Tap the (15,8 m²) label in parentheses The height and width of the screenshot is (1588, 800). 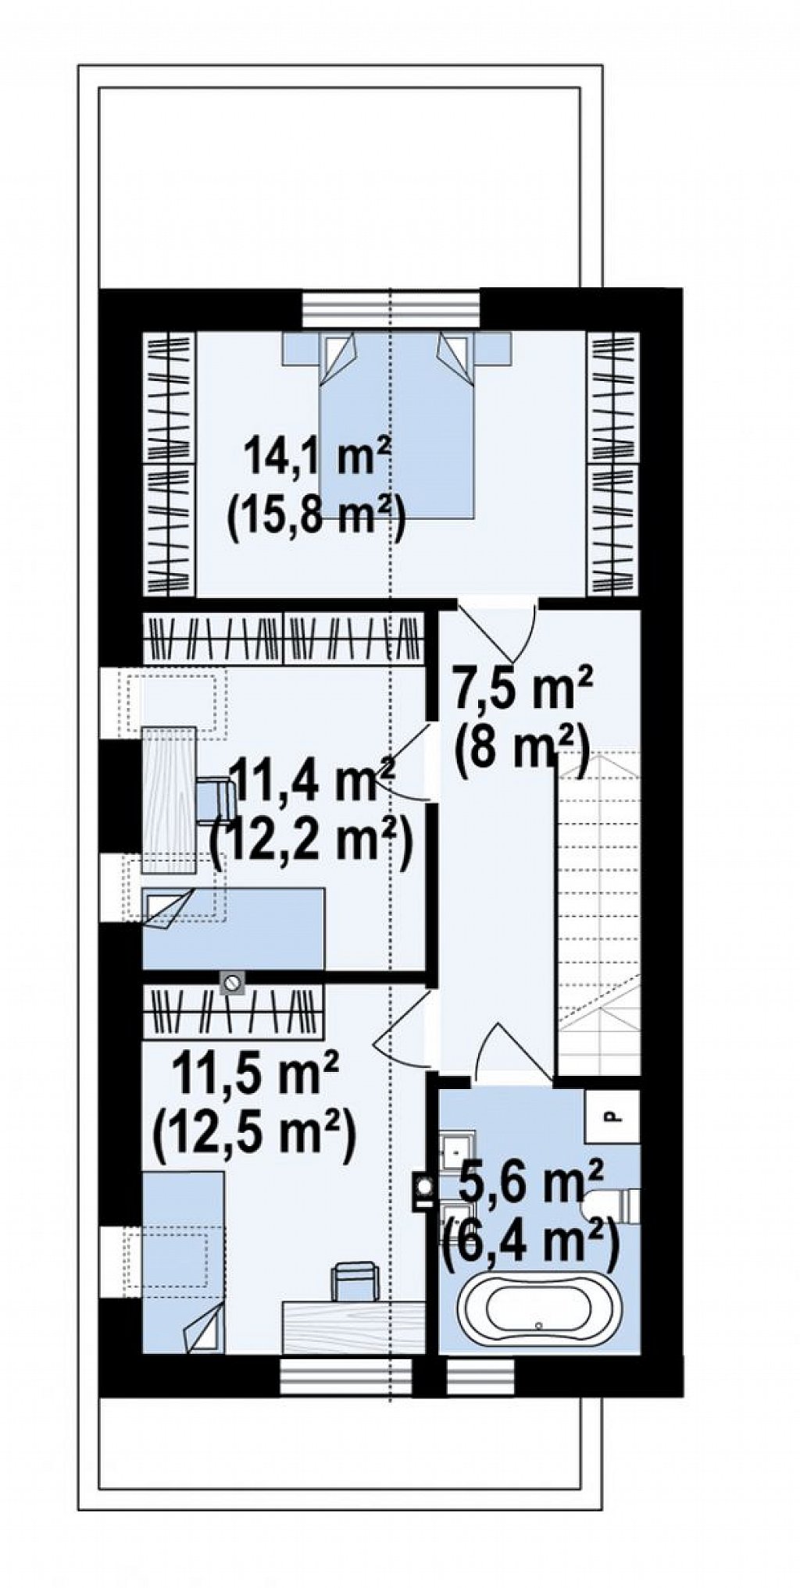[314, 516]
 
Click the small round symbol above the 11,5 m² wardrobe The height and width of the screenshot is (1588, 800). [232, 982]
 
